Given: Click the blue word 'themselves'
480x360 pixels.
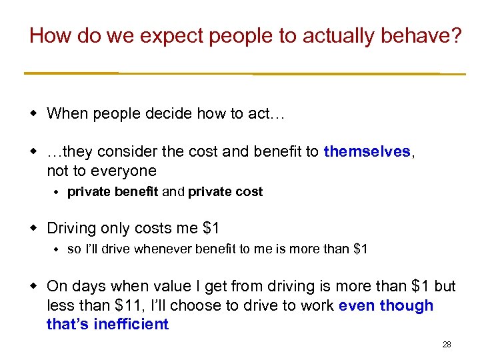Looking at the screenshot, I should [x=367, y=152].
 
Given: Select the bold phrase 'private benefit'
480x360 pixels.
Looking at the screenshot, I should [x=113, y=192].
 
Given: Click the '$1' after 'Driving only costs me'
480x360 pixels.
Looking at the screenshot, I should [x=210, y=229].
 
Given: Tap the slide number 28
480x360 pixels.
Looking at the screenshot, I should [x=447, y=345].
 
